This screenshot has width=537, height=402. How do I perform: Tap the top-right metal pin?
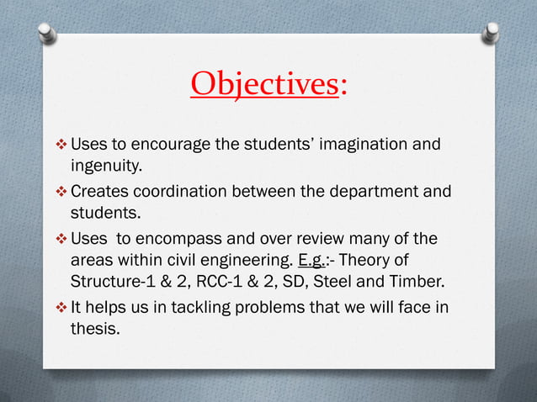[x=492, y=33]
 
